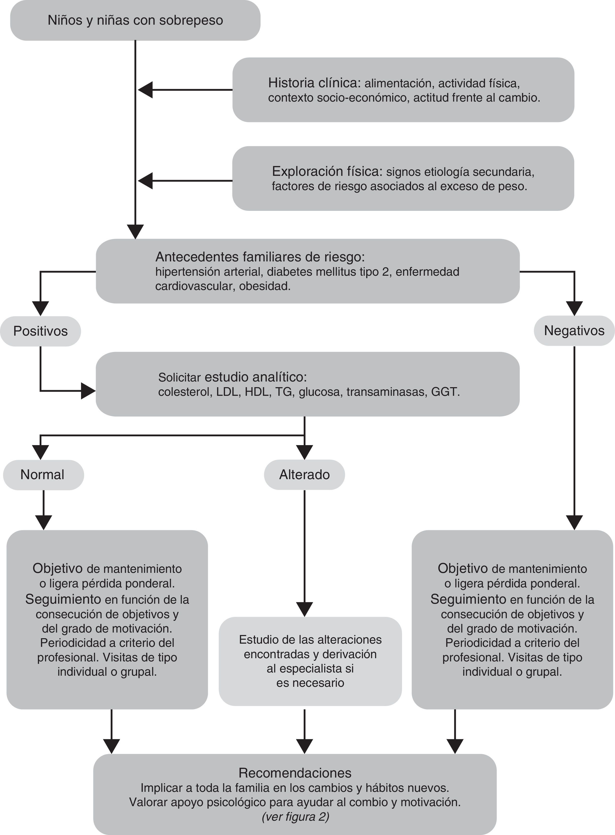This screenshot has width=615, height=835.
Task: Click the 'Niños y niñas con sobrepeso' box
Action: (x=135, y=20)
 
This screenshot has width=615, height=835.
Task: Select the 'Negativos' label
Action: (x=574, y=331)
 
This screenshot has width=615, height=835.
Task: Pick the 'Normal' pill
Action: (x=43, y=475)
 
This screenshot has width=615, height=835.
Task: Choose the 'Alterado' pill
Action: (x=304, y=475)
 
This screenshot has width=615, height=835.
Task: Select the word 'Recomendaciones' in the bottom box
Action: (x=295, y=773)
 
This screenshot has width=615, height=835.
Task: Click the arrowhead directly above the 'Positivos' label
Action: (x=41, y=308)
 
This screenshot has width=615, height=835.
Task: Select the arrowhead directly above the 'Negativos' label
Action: (x=574, y=308)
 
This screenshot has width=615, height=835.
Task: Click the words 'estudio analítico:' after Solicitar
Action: (x=256, y=377)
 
